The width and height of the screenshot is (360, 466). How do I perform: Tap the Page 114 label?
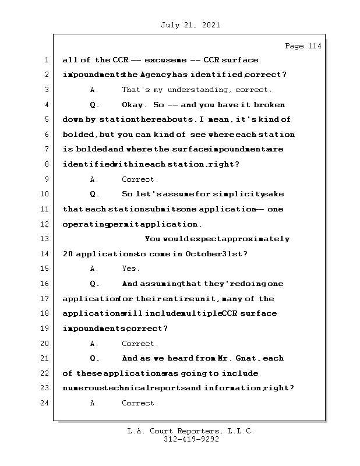[303, 46]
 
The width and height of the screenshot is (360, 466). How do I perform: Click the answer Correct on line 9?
[140, 179]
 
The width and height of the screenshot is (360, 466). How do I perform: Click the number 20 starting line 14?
[68, 254]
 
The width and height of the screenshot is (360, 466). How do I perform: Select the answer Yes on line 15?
[130, 269]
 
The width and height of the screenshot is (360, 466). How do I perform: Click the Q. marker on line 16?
[96, 284]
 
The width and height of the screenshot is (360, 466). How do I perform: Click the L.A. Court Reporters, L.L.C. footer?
[191, 432]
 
